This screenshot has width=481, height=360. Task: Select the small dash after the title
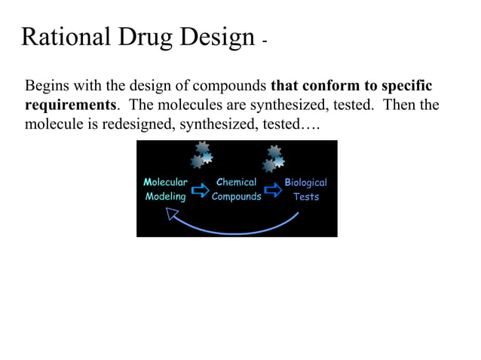pos(264,42)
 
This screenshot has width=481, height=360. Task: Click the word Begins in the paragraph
pos(46,84)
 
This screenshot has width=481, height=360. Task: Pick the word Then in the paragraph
pos(400,104)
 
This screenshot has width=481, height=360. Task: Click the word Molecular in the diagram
pos(165,182)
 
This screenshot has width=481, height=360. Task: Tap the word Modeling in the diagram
pos(165,197)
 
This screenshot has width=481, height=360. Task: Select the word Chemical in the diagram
pos(237,182)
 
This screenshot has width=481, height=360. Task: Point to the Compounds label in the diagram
pos(237,197)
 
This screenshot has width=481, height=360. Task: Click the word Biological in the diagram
pos(306,182)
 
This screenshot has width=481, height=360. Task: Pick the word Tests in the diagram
pos(306,197)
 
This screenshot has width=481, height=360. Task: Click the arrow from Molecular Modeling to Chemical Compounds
pos(200,190)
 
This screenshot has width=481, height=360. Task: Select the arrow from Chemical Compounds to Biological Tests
pos(272,190)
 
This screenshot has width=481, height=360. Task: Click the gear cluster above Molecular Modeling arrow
pos(201,154)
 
